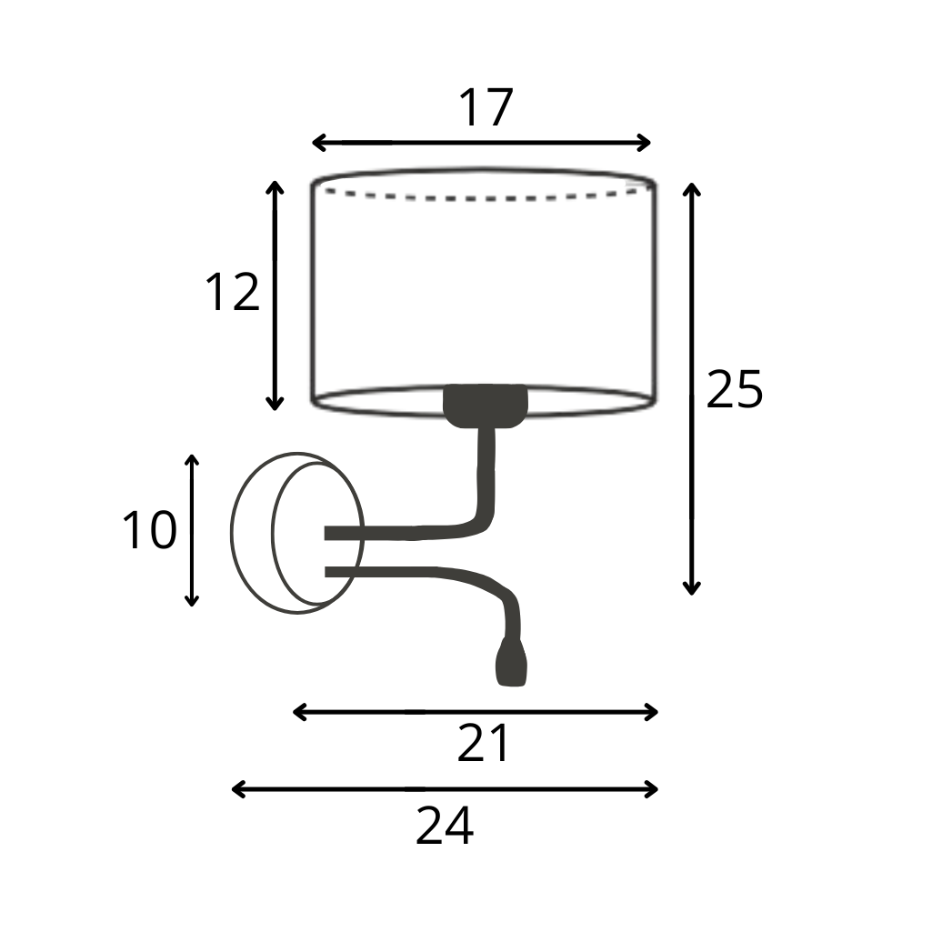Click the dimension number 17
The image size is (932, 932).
(x=486, y=107)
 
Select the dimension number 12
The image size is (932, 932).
(x=233, y=292)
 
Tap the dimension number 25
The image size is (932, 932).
(x=734, y=389)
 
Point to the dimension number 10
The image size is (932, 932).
(x=149, y=529)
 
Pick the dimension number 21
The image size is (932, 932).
(x=483, y=743)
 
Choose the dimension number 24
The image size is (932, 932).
(x=445, y=826)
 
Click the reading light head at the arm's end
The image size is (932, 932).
(x=511, y=662)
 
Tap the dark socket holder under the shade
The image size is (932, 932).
(x=485, y=406)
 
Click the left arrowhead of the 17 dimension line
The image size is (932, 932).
(x=318, y=143)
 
